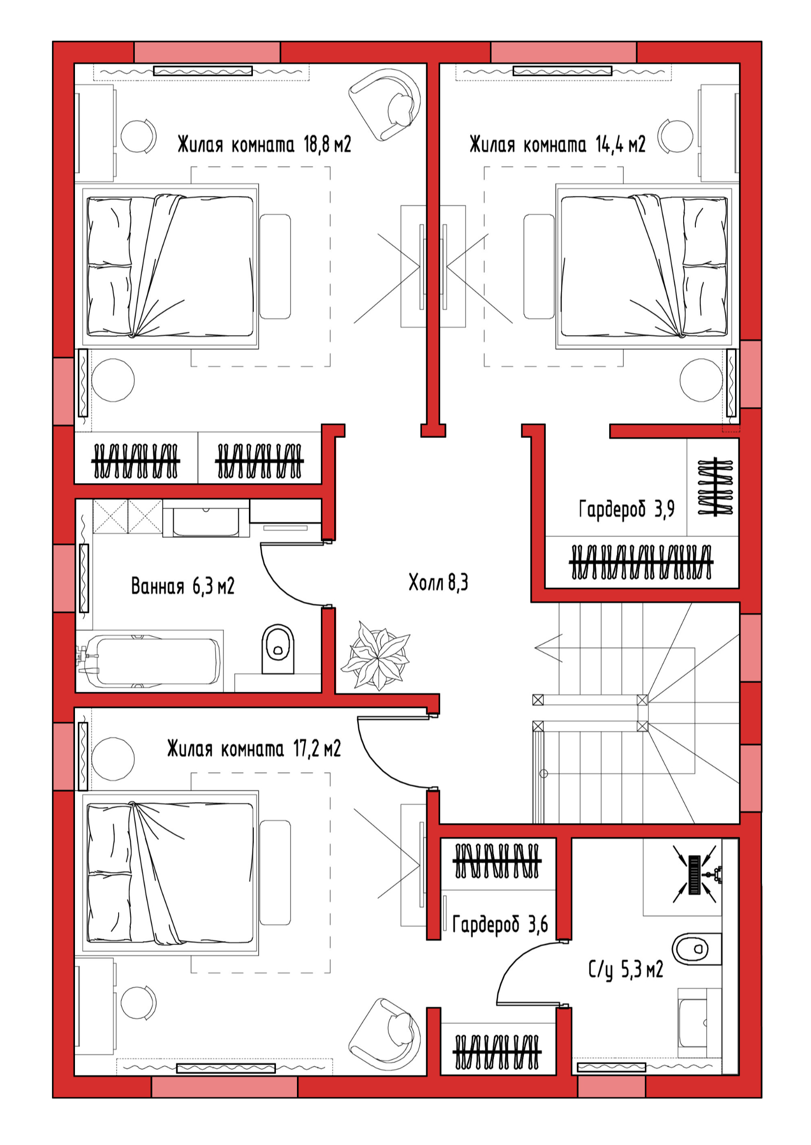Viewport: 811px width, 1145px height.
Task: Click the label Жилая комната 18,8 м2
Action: click(x=264, y=145)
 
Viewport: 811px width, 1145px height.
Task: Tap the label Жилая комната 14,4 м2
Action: click(x=557, y=145)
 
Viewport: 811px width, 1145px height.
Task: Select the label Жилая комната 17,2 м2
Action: click(x=254, y=749)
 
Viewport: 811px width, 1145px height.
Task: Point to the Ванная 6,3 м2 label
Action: click(x=183, y=586)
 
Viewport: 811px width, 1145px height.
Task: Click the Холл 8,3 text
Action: click(x=439, y=582)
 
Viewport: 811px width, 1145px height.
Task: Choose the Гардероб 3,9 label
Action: click(x=627, y=510)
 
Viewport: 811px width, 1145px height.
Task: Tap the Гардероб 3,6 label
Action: click(x=500, y=925)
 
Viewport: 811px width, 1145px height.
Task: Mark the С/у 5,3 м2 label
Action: click(x=626, y=970)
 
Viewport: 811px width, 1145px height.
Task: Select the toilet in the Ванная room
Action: click(x=278, y=649)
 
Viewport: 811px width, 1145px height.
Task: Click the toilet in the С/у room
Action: click(x=696, y=949)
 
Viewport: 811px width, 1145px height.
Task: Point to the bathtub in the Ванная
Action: click(x=149, y=661)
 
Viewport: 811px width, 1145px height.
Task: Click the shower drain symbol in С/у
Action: click(x=695, y=875)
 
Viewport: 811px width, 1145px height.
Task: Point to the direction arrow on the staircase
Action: click(x=549, y=648)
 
